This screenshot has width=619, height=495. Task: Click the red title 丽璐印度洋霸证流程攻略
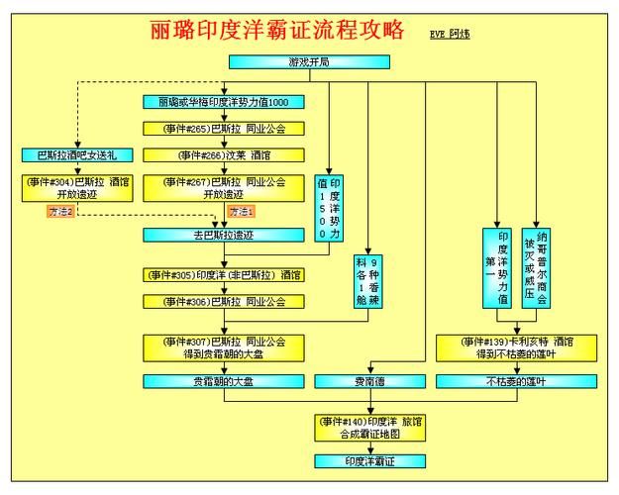276,31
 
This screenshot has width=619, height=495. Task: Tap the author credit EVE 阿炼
450,34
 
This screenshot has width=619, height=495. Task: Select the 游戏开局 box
309,61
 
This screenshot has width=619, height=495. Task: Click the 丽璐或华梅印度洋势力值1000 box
224,102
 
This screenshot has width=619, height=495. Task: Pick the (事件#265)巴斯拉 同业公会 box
224,129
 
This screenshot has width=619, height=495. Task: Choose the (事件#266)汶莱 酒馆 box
224,154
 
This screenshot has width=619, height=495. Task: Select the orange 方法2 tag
61,211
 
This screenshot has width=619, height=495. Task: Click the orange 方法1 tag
241,211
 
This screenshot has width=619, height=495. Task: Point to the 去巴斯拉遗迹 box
224,235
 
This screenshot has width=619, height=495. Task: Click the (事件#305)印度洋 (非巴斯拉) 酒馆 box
224,274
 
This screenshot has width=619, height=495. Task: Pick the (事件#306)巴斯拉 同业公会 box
224,301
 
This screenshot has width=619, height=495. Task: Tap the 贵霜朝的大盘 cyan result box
224,380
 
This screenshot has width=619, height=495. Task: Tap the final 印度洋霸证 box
370,460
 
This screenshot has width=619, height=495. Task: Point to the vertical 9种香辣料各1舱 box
368,281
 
